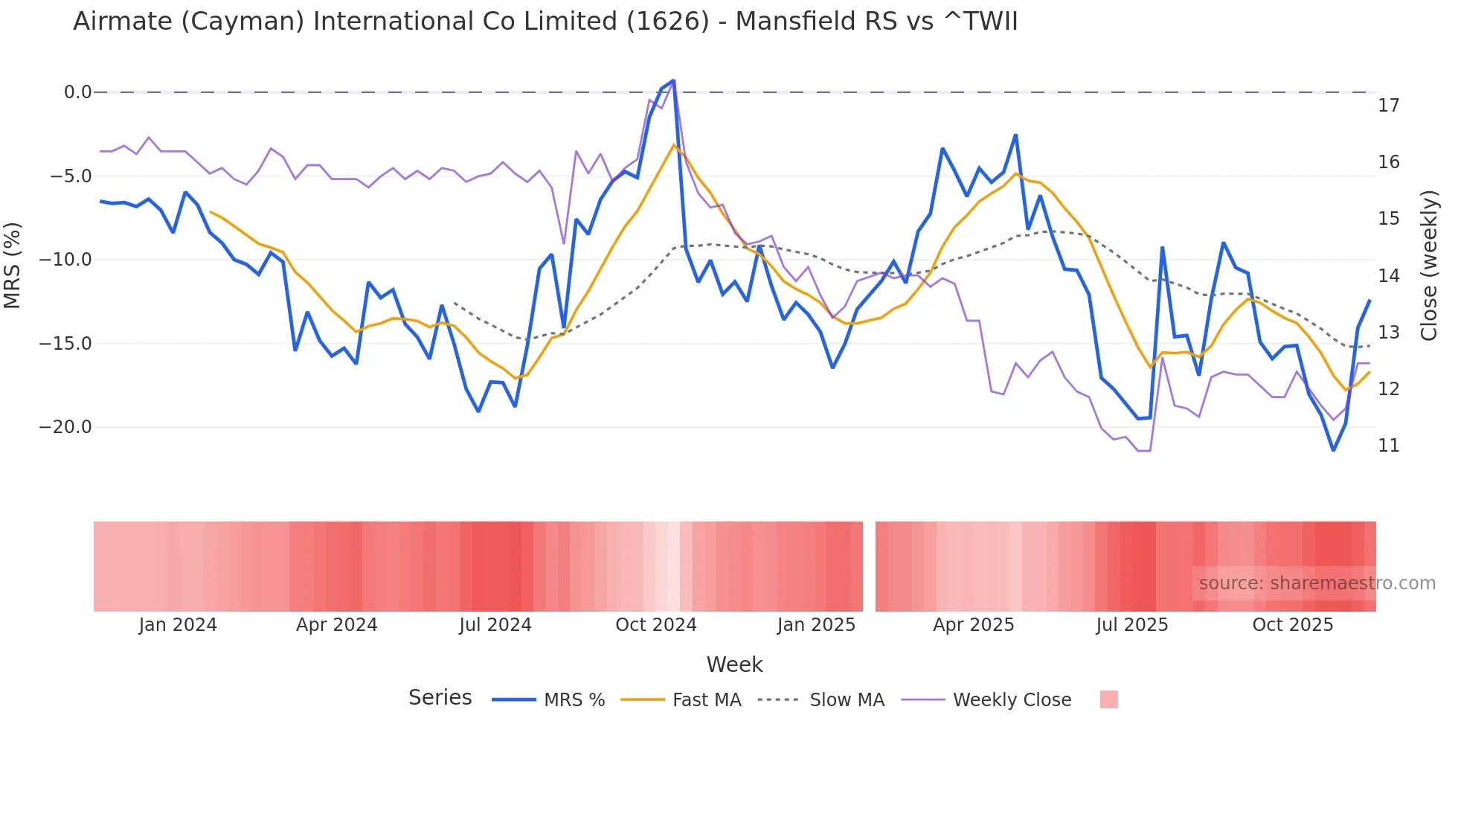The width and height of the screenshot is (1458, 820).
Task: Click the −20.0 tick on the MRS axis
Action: pos(65,427)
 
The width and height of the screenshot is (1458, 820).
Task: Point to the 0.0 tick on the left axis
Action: pos(77,92)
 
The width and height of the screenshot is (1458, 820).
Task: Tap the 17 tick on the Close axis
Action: pos(1388,106)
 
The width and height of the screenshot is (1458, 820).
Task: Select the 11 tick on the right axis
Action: pos(1388,446)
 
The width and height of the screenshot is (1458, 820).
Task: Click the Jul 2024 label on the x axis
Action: pos(495,625)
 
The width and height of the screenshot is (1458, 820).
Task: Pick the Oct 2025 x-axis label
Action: pos(1292,625)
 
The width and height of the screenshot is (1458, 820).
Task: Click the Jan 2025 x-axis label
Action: pos(816,625)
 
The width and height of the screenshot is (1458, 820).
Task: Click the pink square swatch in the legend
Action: pos(1108,700)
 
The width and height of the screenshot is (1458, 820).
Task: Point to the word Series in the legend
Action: pos(440,698)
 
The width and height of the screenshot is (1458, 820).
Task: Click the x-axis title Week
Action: pos(734,664)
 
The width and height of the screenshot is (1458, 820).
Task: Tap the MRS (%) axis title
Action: pos(13,265)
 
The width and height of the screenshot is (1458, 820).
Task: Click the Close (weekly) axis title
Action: pos(1429,266)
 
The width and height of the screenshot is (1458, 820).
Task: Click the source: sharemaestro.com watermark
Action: pos(1317,583)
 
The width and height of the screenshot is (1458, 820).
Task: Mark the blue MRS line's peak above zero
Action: pos(673,80)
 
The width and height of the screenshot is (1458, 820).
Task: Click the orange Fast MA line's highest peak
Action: pos(674,145)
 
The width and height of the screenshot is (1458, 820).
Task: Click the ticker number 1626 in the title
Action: pos(667,22)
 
